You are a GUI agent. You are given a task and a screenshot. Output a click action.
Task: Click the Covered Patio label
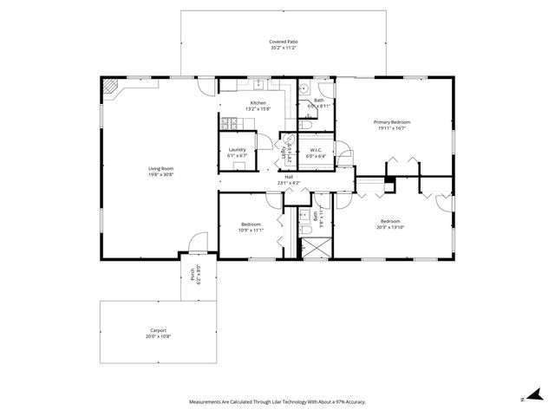tap(279, 42)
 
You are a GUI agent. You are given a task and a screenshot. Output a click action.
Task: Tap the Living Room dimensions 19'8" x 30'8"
tap(161, 174)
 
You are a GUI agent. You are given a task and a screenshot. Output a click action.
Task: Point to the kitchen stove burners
tap(231, 125)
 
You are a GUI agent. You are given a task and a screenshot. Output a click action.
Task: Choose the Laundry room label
tap(237, 150)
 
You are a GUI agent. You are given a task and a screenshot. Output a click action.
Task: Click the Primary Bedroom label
tap(392, 122)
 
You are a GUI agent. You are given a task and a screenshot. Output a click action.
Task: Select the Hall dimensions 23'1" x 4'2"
tap(288, 183)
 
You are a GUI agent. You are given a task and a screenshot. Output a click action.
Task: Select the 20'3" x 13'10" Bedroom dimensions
tap(391, 226)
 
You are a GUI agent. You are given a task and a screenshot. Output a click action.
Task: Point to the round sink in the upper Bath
tap(305, 89)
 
